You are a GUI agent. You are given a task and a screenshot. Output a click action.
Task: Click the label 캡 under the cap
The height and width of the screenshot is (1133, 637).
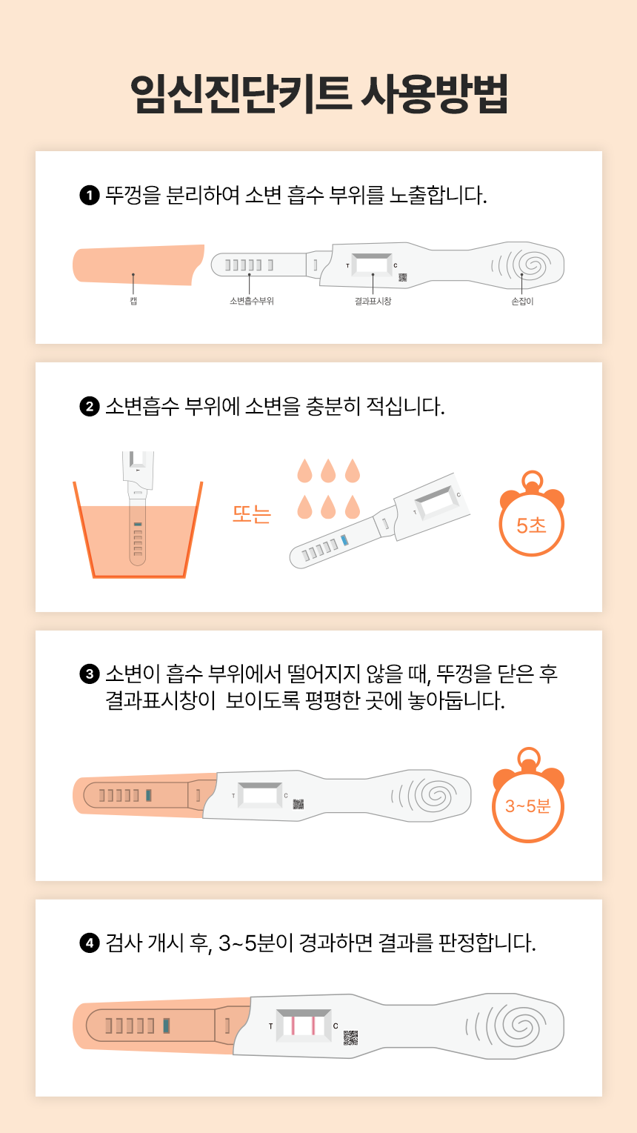click(133, 301)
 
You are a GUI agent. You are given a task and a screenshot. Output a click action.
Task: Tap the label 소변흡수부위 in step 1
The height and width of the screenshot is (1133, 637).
click(252, 301)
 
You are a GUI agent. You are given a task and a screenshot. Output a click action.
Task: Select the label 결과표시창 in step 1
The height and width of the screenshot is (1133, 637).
click(373, 301)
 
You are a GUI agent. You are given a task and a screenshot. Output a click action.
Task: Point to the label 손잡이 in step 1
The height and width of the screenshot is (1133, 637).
click(522, 301)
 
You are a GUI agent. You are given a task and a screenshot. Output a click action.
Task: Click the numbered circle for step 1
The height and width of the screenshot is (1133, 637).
click(90, 195)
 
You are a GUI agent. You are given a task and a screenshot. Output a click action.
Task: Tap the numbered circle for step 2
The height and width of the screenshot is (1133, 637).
click(90, 407)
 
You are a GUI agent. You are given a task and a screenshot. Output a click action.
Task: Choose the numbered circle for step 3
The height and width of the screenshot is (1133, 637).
click(90, 674)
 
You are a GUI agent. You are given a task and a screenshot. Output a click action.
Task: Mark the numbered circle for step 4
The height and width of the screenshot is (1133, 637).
click(90, 943)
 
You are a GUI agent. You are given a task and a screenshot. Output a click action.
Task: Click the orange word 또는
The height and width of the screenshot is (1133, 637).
click(251, 514)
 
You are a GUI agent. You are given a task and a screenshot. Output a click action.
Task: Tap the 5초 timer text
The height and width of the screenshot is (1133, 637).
click(531, 525)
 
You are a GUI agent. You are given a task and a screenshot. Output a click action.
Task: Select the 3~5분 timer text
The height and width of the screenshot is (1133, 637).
click(528, 805)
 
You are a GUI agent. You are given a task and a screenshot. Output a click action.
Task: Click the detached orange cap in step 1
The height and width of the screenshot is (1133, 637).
click(138, 265)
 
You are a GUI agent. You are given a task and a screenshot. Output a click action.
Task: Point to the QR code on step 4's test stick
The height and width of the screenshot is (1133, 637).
click(351, 1037)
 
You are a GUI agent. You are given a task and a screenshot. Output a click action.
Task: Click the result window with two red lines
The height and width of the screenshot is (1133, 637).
click(304, 1025)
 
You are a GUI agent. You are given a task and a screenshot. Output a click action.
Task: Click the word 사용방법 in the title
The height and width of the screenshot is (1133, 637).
click(435, 94)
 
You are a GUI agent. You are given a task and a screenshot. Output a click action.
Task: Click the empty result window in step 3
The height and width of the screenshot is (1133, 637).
click(260, 795)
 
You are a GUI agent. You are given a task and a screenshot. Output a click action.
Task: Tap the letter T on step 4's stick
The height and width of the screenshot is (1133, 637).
click(270, 1026)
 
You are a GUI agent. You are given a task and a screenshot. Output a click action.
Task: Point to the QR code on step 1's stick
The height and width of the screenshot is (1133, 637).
click(403, 277)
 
